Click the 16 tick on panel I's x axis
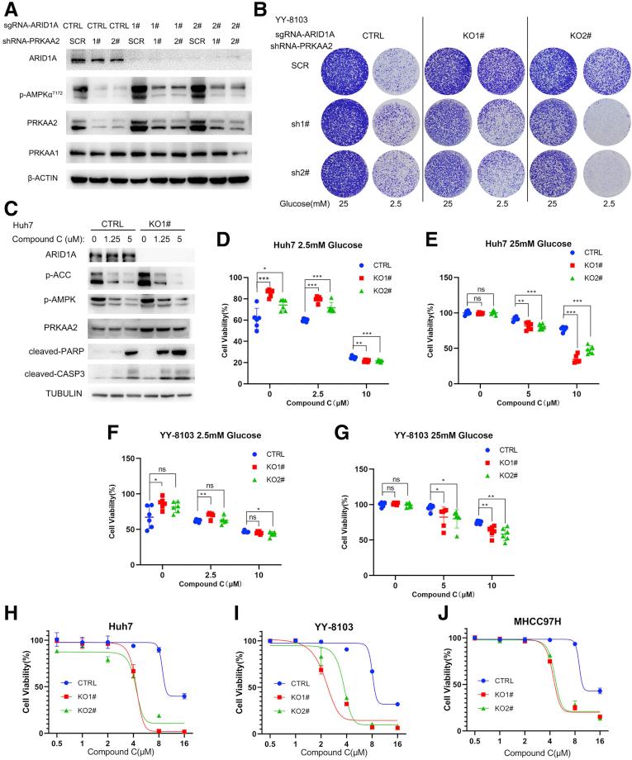398,744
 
